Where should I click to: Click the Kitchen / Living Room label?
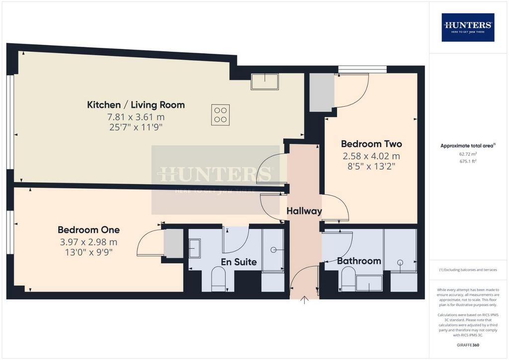point(136,105)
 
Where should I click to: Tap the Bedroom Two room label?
point(371,144)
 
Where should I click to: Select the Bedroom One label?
point(88,230)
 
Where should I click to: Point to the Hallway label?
point(304,211)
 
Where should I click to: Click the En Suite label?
point(239,262)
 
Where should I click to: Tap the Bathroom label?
point(359,261)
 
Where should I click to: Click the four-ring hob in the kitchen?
point(220,114)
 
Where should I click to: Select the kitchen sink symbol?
point(264,82)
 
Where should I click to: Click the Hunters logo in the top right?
point(468,27)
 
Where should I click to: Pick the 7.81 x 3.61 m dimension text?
point(136,117)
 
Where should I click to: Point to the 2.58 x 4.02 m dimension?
point(371,156)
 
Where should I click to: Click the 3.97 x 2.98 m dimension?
point(88,242)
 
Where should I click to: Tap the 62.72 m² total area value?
point(468,154)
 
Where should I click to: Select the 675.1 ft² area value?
point(468,161)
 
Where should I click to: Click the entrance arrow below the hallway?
point(304,300)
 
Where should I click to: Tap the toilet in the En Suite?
point(218,279)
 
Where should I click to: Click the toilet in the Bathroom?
point(348,279)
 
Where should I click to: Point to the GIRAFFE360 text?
point(468,345)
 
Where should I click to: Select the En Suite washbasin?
point(194,248)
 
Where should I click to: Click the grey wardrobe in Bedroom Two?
point(322,92)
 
